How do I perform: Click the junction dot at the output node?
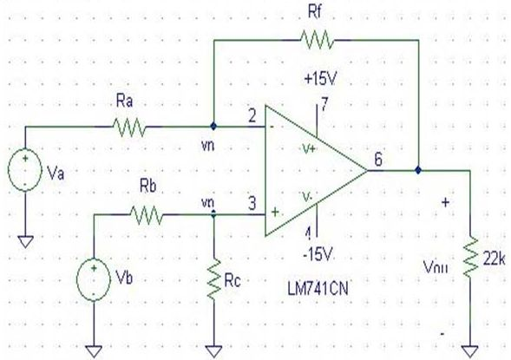coord(418,170)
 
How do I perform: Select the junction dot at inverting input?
coord(213,126)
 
